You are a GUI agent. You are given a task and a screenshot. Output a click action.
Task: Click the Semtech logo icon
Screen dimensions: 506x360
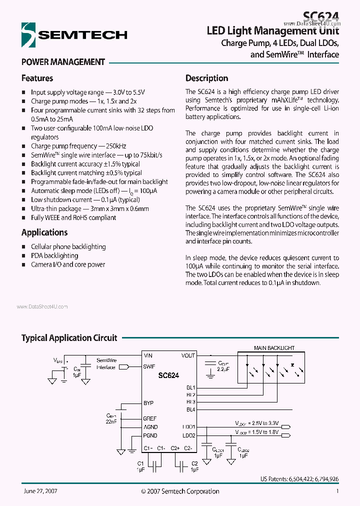[28, 34]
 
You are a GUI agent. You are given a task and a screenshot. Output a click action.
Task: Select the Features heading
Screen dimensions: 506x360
[37, 78]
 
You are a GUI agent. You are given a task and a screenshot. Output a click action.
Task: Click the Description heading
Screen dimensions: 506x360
[206, 78]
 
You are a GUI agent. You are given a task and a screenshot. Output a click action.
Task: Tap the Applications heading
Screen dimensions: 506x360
[44, 232]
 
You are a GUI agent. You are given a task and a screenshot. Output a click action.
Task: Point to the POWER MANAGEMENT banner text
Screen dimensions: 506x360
[63, 62]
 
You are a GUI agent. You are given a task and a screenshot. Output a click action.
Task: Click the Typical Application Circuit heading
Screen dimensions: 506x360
[69, 338]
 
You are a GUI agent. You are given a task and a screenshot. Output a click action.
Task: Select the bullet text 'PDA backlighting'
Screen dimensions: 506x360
[54, 255]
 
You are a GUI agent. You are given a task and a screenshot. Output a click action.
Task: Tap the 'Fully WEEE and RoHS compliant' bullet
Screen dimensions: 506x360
[73, 217]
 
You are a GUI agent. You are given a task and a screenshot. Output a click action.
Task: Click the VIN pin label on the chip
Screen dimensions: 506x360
[148, 355]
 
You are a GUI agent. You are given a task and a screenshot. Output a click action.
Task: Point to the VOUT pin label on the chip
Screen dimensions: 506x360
[188, 355]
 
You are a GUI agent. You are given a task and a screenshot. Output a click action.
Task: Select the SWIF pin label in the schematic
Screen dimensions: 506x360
[149, 366]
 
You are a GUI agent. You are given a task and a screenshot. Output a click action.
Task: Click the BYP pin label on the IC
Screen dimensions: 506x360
[148, 402]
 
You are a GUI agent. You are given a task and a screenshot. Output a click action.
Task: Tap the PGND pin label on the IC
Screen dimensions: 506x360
[150, 435]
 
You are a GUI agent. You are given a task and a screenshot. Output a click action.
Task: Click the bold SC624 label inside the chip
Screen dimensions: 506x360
[168, 375]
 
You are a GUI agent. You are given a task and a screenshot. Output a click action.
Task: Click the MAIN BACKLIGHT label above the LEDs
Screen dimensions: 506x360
[274, 348]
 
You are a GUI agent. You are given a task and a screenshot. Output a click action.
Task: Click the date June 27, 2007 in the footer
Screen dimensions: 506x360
[40, 491]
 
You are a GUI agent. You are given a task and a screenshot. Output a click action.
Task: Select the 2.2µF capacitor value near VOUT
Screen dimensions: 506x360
[223, 369]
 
